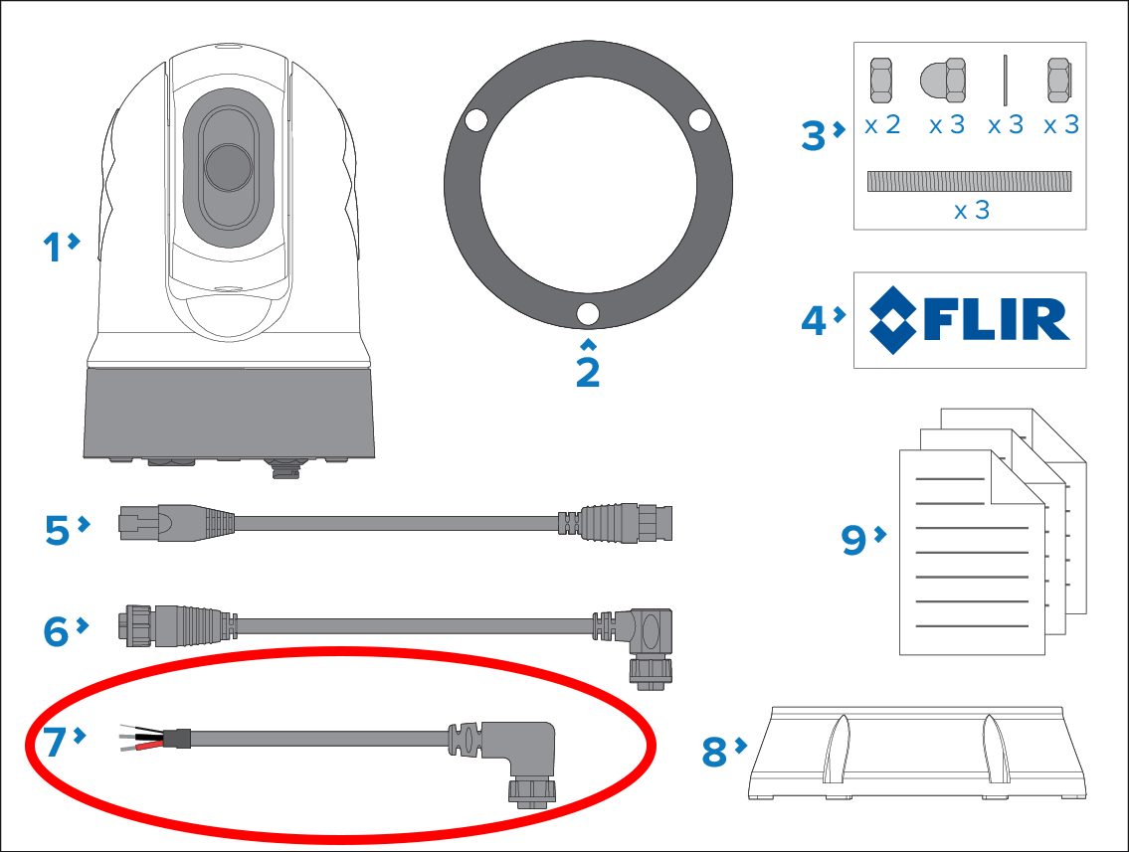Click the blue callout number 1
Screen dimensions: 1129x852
tap(53, 247)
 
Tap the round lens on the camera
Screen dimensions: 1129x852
tap(229, 167)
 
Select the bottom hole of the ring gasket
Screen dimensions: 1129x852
tap(588, 314)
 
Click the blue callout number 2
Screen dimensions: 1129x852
tap(588, 372)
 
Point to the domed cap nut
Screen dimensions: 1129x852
tap(943, 81)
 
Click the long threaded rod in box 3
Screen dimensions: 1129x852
tap(969, 181)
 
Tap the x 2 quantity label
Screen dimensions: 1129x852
tap(882, 124)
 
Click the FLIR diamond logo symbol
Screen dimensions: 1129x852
tap(893, 320)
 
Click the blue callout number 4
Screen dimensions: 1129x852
tap(815, 320)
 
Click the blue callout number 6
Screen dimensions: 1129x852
tap(56, 631)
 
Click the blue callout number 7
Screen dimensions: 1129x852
tap(55, 742)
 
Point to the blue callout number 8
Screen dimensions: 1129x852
tap(714, 752)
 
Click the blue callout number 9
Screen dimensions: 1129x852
tap(853, 539)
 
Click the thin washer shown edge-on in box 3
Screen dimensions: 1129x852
tap(1005, 80)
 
